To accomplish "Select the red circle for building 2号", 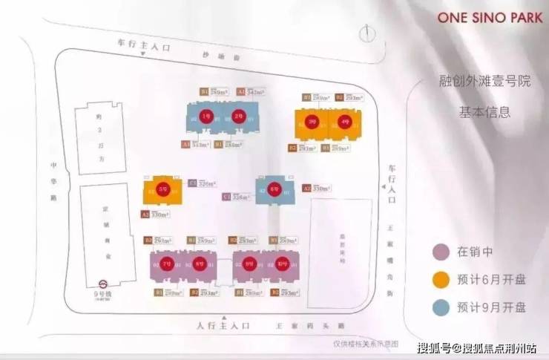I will [237, 116].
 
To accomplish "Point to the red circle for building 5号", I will [162, 189].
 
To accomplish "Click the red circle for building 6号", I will [274, 189].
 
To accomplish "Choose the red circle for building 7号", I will [169, 264].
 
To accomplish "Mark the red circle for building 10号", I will [282, 264].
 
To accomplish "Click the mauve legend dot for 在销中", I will [441, 251].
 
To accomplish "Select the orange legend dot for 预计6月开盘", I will [441, 280].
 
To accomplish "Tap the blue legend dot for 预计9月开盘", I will [441, 307].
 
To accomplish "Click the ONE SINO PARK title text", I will [483, 16].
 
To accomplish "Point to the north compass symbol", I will [365, 34].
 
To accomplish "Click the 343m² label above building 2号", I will [255, 91].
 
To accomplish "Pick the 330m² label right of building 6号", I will [320, 189].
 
